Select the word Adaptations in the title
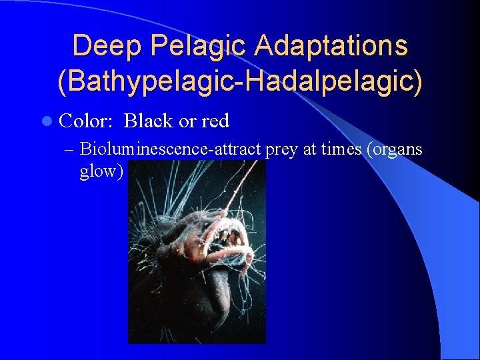click(333, 47)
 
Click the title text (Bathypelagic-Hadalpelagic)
click(240, 82)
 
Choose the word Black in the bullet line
click(149, 121)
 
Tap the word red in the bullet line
click(215, 121)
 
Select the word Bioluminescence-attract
click(171, 149)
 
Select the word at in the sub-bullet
click(309, 149)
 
